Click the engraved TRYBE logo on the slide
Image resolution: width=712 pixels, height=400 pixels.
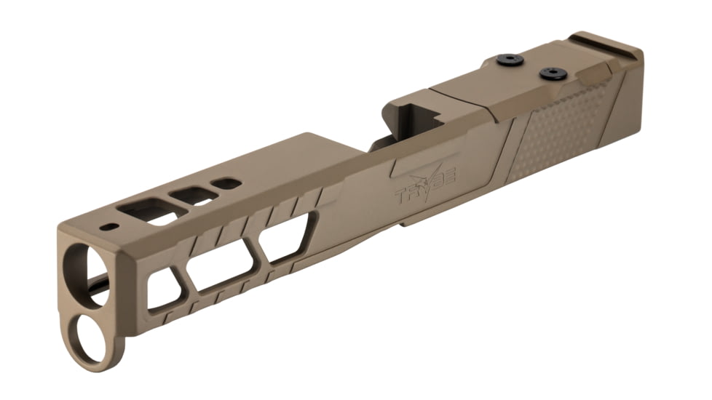pyautogui.click(x=425, y=188)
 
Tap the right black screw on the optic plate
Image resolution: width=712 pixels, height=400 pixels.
pyautogui.click(x=553, y=73)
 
